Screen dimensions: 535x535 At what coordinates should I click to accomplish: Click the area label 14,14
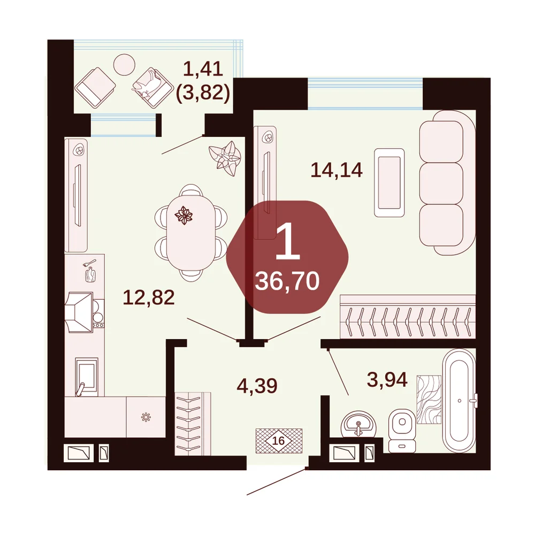click(337, 170)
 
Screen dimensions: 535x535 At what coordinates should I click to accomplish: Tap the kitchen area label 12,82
click(148, 297)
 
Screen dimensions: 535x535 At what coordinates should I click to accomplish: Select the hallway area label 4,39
click(257, 386)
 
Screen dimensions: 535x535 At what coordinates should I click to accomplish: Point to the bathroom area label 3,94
click(387, 379)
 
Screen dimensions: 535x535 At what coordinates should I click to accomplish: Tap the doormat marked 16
click(279, 440)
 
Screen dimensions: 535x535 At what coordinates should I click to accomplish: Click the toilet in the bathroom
click(402, 430)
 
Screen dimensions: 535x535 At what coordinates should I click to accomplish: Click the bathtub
click(459, 401)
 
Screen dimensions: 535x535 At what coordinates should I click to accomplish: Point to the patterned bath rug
click(429, 400)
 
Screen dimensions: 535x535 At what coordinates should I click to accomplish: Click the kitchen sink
click(86, 377)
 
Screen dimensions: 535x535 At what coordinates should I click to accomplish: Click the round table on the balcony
click(124, 65)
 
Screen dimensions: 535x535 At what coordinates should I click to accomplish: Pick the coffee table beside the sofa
click(389, 182)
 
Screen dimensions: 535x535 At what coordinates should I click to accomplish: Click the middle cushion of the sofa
click(441, 183)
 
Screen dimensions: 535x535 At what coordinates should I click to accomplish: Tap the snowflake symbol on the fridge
click(146, 417)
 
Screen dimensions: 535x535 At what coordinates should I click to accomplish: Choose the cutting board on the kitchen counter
click(90, 274)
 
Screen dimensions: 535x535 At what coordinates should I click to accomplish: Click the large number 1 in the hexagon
click(287, 240)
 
